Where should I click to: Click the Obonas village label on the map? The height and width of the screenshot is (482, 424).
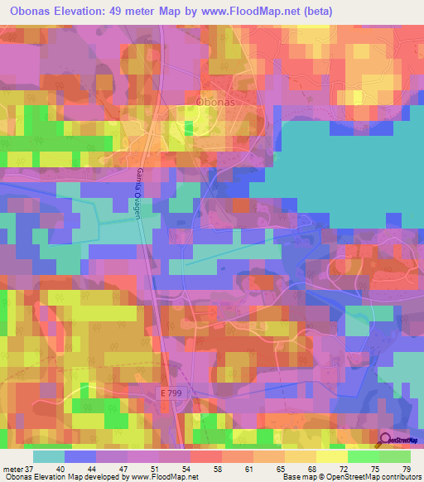coord(219,101)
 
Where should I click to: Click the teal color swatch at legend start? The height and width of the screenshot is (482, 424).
coord(47,456)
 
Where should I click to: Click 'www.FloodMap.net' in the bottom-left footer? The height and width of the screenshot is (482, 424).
coord(162,477)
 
